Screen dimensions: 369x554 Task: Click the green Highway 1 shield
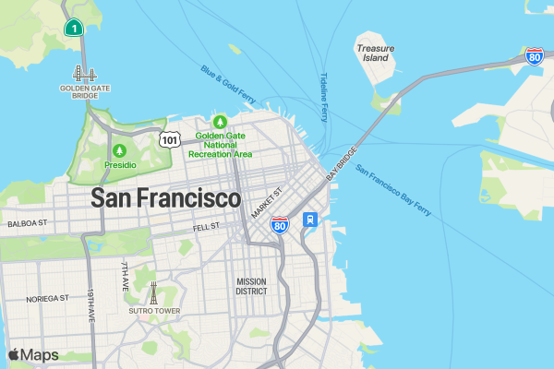73,28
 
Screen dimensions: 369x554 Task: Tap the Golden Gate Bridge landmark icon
85,75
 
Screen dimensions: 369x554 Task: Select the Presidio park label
119,164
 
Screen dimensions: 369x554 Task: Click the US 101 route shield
169,138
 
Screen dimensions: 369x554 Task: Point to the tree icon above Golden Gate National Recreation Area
220,122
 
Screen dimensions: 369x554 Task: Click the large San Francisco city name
166,198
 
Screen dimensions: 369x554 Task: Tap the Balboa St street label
26,223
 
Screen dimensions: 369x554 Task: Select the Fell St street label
206,225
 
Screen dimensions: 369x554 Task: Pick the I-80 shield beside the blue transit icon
280,224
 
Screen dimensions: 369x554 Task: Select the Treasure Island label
376,52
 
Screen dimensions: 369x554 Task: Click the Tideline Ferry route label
324,97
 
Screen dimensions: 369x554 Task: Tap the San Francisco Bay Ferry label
392,191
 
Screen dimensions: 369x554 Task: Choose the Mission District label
251,286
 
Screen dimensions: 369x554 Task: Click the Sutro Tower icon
154,292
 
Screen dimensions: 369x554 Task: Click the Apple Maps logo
33,355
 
